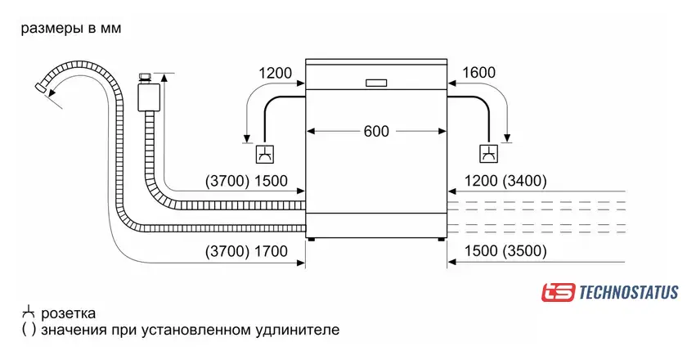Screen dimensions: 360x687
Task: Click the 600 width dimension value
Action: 376,131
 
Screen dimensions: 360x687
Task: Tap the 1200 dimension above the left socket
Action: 275,73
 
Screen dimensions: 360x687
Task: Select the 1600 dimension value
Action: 478,73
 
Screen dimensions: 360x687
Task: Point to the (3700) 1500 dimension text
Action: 245,180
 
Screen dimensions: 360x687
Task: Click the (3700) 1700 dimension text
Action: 245,252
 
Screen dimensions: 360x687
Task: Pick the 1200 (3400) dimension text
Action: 505,180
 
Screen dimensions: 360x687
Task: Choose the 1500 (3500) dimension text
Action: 505,252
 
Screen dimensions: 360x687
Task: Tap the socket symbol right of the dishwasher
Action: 488,153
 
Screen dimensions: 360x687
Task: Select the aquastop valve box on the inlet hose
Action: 148,95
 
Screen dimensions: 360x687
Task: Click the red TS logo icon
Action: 558,292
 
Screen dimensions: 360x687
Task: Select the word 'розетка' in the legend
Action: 68,313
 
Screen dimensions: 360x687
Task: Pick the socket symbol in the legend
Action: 29,313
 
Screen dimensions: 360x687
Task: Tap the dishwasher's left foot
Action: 311,240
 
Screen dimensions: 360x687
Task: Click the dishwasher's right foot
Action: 442,240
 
